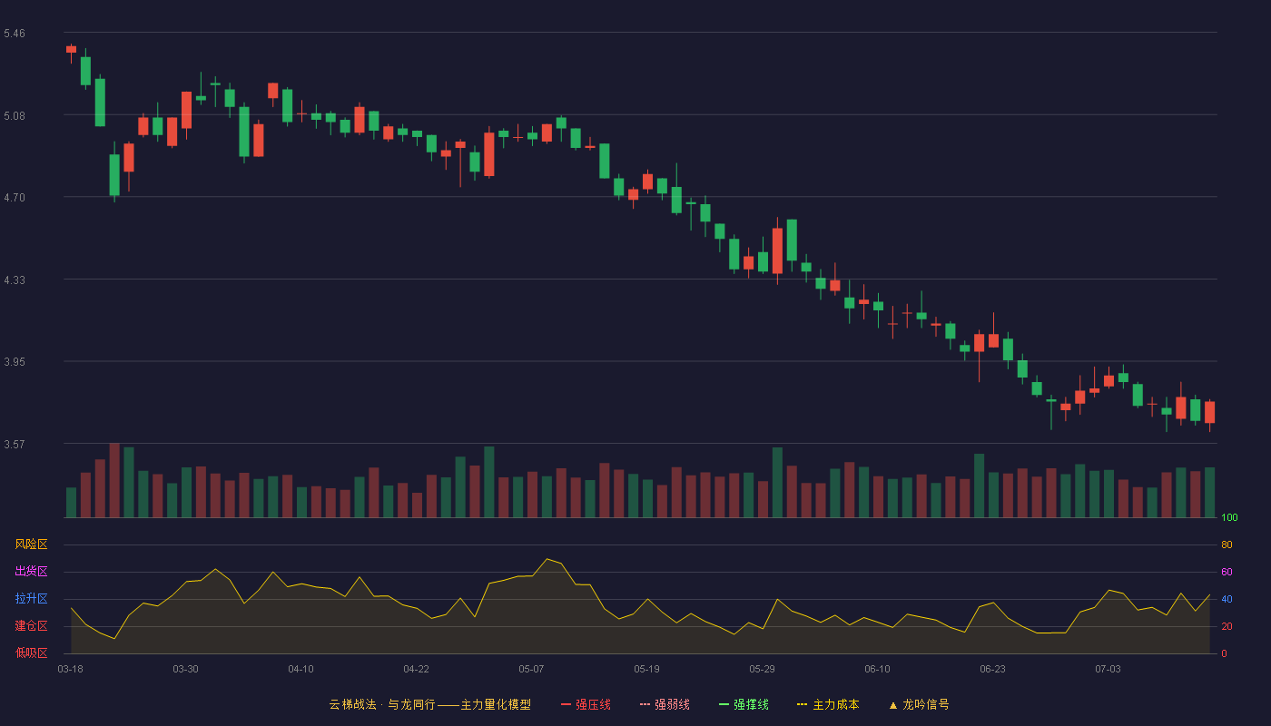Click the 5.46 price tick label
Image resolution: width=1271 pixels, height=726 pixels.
click(15, 34)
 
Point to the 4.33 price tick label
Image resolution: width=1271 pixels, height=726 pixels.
click(15, 280)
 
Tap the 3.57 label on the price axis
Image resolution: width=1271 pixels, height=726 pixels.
click(15, 445)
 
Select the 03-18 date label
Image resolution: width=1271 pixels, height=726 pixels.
click(71, 670)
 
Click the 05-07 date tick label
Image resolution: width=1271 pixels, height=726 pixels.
click(531, 670)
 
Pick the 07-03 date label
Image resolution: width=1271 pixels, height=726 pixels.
click(1108, 670)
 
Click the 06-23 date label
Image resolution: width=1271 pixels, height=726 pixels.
click(992, 670)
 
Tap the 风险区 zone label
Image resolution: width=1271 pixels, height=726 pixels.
click(31, 544)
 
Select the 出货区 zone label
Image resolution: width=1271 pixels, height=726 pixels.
click(31, 571)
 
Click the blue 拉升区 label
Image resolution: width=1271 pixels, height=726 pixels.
click(31, 598)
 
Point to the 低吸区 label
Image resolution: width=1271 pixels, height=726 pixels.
click(31, 652)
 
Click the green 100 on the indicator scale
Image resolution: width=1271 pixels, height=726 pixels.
click(1229, 517)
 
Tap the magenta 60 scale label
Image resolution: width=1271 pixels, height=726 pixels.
click(1227, 572)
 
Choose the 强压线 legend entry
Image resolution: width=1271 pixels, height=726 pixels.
click(586, 704)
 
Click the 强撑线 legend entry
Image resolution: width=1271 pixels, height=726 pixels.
click(744, 704)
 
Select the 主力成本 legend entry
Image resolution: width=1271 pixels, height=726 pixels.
click(828, 704)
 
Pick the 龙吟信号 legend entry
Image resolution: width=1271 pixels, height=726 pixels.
click(919, 704)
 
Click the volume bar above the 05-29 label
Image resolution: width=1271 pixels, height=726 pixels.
click(764, 499)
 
